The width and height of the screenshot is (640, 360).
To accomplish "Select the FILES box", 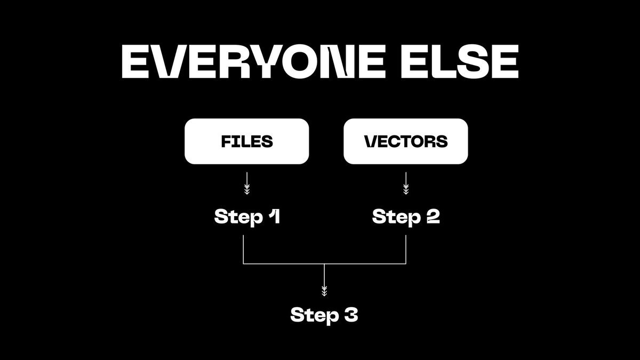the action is (x=247, y=141).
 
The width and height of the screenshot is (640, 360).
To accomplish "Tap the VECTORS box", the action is (x=406, y=141).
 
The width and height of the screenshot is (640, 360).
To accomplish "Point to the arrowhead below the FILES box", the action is (x=247, y=190).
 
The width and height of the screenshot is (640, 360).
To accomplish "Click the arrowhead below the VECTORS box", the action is (x=406, y=190).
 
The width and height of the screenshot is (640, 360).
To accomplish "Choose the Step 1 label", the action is (x=247, y=217).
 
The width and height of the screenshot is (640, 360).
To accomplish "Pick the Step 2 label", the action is (x=406, y=217).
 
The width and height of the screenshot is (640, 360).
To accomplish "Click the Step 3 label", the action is (x=324, y=315).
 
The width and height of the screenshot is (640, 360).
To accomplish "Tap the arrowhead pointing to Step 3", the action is (x=324, y=291).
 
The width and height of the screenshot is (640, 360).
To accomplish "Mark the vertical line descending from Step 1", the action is (x=243, y=250).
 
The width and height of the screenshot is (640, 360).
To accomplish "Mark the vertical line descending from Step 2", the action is (x=406, y=250).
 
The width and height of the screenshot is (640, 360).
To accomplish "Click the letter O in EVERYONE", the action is (x=300, y=61).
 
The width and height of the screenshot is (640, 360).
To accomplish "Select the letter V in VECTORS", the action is (x=371, y=141).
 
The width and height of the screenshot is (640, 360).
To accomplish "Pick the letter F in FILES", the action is (x=226, y=141).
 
